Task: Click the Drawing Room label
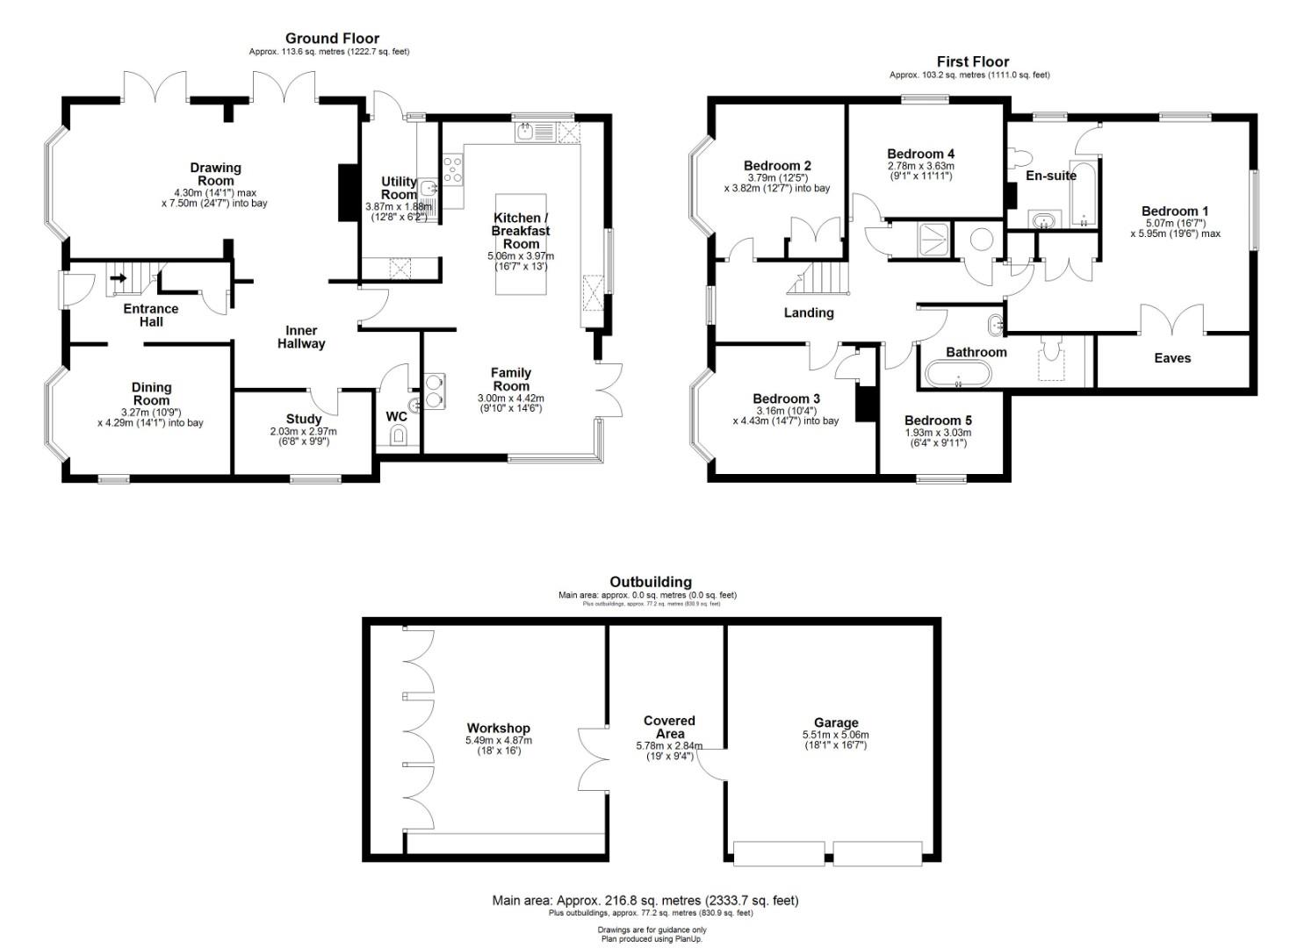point(215,174)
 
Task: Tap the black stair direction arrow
point(119,278)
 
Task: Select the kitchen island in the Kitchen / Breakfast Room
point(521,244)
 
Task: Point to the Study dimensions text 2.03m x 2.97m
point(303,431)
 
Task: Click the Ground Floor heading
point(332,39)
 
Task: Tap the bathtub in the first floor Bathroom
point(958,374)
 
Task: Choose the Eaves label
point(1172,358)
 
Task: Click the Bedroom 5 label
point(938,420)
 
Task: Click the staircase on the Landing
point(818,278)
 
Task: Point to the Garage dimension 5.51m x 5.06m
point(835,735)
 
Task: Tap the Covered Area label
point(669,728)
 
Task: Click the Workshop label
point(498,728)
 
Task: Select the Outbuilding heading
point(651,582)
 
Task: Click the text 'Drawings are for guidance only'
point(652,930)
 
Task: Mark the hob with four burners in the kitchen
point(453,169)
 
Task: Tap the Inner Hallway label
point(301,338)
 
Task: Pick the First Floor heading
point(973,61)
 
